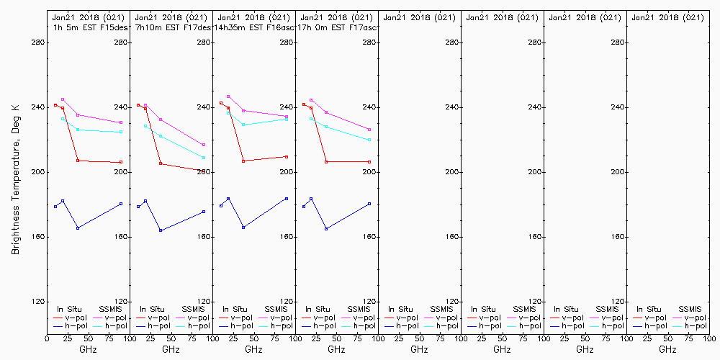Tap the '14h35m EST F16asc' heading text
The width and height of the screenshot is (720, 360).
tap(254, 27)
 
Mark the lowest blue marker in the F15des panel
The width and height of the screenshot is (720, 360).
tap(78, 228)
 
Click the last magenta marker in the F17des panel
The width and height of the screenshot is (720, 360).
tap(204, 145)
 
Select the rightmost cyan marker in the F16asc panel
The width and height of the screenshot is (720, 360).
tap(287, 119)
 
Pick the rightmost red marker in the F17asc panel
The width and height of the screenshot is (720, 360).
tap(369, 161)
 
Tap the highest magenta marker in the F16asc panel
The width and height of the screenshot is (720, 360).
tap(228, 96)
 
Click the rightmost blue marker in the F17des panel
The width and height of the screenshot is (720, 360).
tap(204, 212)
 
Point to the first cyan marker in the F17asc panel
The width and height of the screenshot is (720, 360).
tap(311, 119)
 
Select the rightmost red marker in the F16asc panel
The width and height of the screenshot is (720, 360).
tap(287, 156)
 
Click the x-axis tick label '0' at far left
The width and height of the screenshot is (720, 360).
tap(47, 338)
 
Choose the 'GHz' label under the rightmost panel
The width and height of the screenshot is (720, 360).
tap(667, 349)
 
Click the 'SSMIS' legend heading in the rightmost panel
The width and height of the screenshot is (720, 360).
tap(690, 309)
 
